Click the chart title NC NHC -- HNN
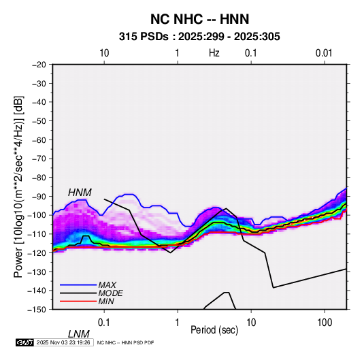199,19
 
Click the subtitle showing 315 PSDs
199,37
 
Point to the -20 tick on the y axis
39,65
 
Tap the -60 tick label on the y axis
39,140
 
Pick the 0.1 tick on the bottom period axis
104,323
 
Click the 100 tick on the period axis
325,323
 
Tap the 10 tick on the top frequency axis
104,53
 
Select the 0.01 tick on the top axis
324,53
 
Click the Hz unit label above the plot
214,53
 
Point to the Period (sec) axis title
214,330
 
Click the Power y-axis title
18,187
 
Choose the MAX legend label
107,285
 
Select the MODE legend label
110,293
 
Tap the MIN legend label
106,301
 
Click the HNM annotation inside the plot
80,193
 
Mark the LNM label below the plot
79,334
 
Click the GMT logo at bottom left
25,342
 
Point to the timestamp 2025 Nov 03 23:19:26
63,342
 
